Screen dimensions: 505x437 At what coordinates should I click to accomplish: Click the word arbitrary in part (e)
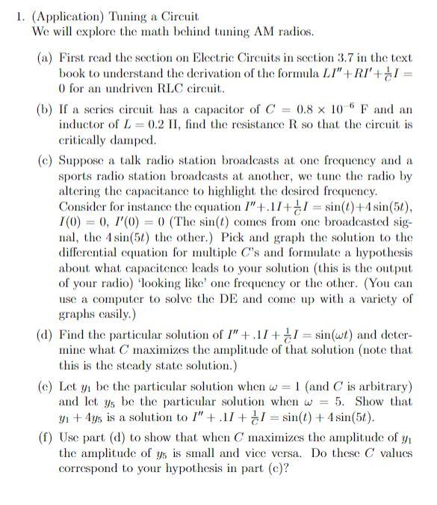tap(388, 386)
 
